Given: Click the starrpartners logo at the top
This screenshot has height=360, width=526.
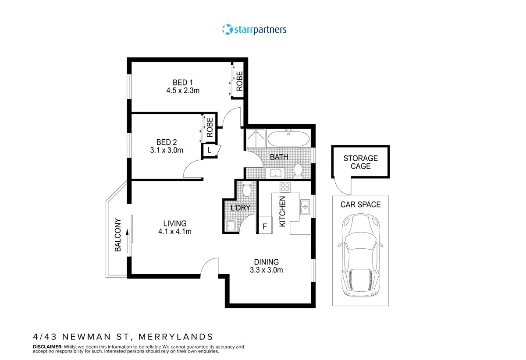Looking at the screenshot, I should click(254, 30).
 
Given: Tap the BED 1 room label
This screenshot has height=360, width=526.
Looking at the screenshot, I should click(183, 82).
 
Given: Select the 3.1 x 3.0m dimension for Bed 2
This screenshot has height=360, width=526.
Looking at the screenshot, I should click(166, 150).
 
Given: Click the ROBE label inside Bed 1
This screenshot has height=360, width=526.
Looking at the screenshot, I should click(239, 81).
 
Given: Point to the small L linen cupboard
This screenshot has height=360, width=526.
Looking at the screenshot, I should click(209, 150).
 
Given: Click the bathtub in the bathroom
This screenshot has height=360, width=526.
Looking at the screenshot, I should click(288, 139).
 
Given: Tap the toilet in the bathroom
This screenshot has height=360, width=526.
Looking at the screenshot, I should click(298, 170).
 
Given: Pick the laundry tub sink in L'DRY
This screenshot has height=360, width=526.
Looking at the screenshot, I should click(231, 226).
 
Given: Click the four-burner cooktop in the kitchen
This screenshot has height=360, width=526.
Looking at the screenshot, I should click(285, 187).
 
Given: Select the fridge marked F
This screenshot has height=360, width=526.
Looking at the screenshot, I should click(264, 226).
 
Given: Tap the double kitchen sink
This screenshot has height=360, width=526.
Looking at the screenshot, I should click(305, 207).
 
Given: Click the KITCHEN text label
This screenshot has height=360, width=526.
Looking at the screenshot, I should click(282, 211).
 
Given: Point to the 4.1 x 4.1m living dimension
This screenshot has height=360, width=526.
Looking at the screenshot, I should click(175, 232).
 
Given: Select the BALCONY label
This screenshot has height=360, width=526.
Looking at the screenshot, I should click(117, 235).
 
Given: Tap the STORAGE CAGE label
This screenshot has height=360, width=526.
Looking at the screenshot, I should click(360, 162).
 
